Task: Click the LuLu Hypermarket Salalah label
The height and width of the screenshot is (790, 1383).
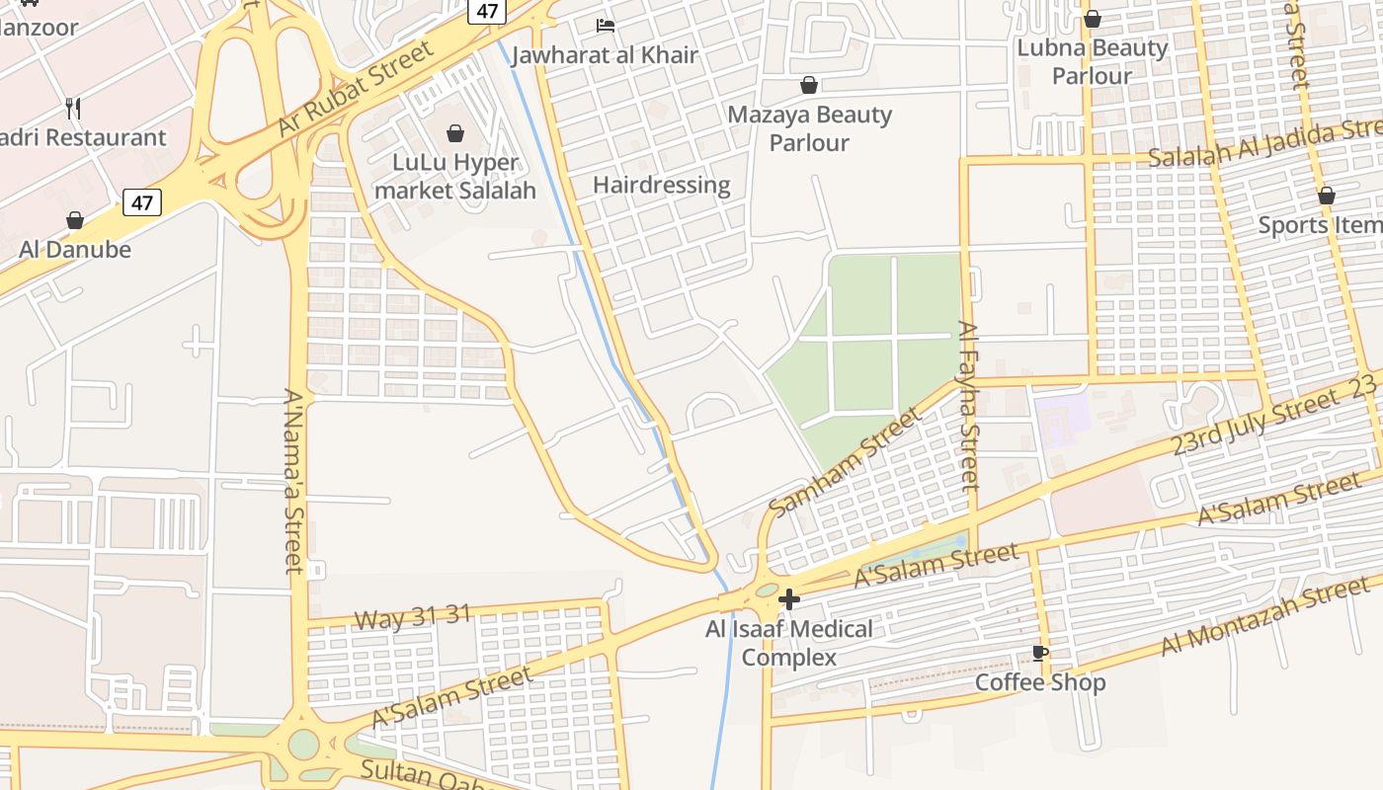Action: tap(455, 177)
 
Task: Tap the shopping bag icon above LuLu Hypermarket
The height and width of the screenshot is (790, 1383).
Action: tap(455, 132)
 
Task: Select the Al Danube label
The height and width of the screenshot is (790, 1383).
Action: tap(75, 249)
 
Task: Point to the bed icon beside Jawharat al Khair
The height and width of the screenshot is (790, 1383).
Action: tap(606, 25)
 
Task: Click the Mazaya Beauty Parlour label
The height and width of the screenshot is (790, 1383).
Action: tap(809, 128)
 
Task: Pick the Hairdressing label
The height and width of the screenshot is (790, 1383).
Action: tap(662, 185)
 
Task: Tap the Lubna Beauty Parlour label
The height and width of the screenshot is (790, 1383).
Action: tap(1093, 61)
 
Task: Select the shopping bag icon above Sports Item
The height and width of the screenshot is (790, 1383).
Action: tap(1326, 196)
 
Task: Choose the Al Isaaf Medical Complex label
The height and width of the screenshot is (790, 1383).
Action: tap(789, 643)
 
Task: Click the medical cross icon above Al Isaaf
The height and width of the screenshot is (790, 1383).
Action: tap(789, 598)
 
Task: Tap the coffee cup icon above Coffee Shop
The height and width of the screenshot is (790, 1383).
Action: tap(1039, 653)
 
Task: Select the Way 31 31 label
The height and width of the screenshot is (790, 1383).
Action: tap(413, 617)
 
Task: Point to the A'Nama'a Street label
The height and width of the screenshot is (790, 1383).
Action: tap(294, 481)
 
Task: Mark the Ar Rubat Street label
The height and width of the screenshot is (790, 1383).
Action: tap(356, 89)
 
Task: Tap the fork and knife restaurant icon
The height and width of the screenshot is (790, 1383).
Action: tap(72, 108)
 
